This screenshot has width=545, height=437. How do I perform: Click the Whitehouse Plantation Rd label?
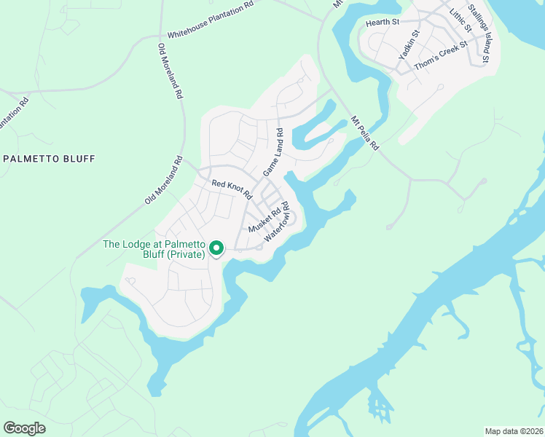(x=210, y=20)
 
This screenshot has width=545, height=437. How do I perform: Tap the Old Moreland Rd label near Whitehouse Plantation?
(x=170, y=71)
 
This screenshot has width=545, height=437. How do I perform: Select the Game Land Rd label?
(x=272, y=152)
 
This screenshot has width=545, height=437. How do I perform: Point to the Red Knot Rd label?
(x=231, y=189)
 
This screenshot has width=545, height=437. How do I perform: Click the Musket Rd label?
(x=264, y=221)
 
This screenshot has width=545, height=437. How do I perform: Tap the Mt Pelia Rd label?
(x=364, y=133)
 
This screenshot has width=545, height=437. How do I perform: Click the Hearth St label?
(x=383, y=23)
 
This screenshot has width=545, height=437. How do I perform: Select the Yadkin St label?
(x=409, y=45)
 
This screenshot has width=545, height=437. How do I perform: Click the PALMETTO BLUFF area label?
(x=50, y=158)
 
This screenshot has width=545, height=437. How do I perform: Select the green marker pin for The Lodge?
(x=216, y=248)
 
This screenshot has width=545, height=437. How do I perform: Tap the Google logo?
(x=24, y=428)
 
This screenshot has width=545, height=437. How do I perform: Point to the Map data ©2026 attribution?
(x=513, y=431)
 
